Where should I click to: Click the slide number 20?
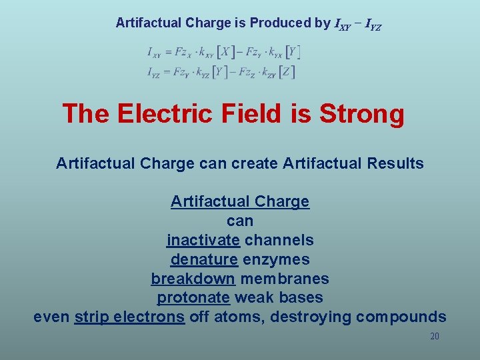click(434, 337)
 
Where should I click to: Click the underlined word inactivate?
click(203, 240)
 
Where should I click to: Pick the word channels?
click(279, 240)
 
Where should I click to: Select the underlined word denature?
click(204, 259)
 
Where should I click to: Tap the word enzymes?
click(276, 259)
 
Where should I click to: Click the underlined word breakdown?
click(193, 279)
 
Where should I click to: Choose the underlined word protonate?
click(193, 298)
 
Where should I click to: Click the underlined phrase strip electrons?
click(129, 317)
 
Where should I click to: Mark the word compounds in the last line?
click(401, 317)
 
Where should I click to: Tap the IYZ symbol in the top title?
click(370, 25)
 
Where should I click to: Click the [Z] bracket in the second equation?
click(287, 71)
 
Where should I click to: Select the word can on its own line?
click(240, 221)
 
